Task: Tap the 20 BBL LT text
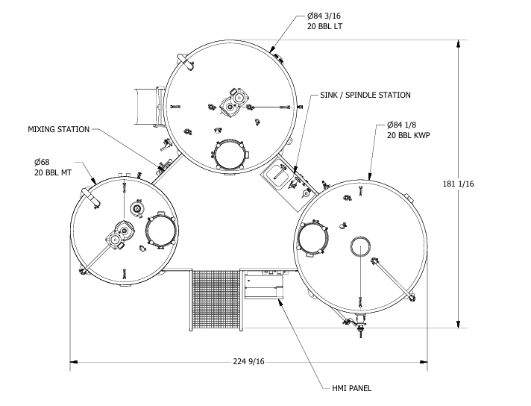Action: pos(324,26)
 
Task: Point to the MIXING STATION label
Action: pos(59,129)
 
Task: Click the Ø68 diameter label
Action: pos(43,162)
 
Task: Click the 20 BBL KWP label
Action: pos(409,137)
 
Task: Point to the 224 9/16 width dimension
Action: pos(249,362)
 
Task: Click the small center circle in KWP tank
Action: pos(362,249)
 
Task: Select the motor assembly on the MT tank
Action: pos(117,238)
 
